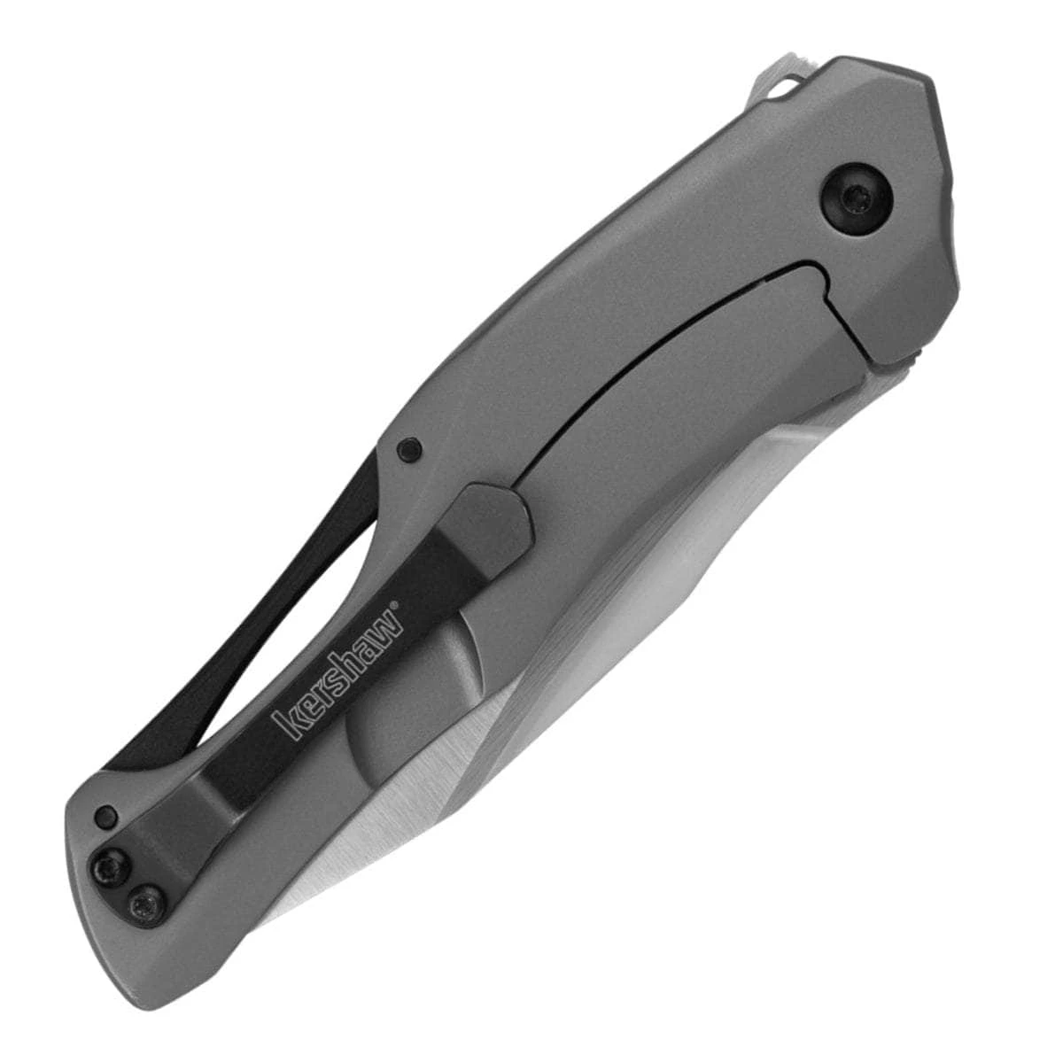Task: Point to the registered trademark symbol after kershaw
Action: [x=396, y=606]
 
